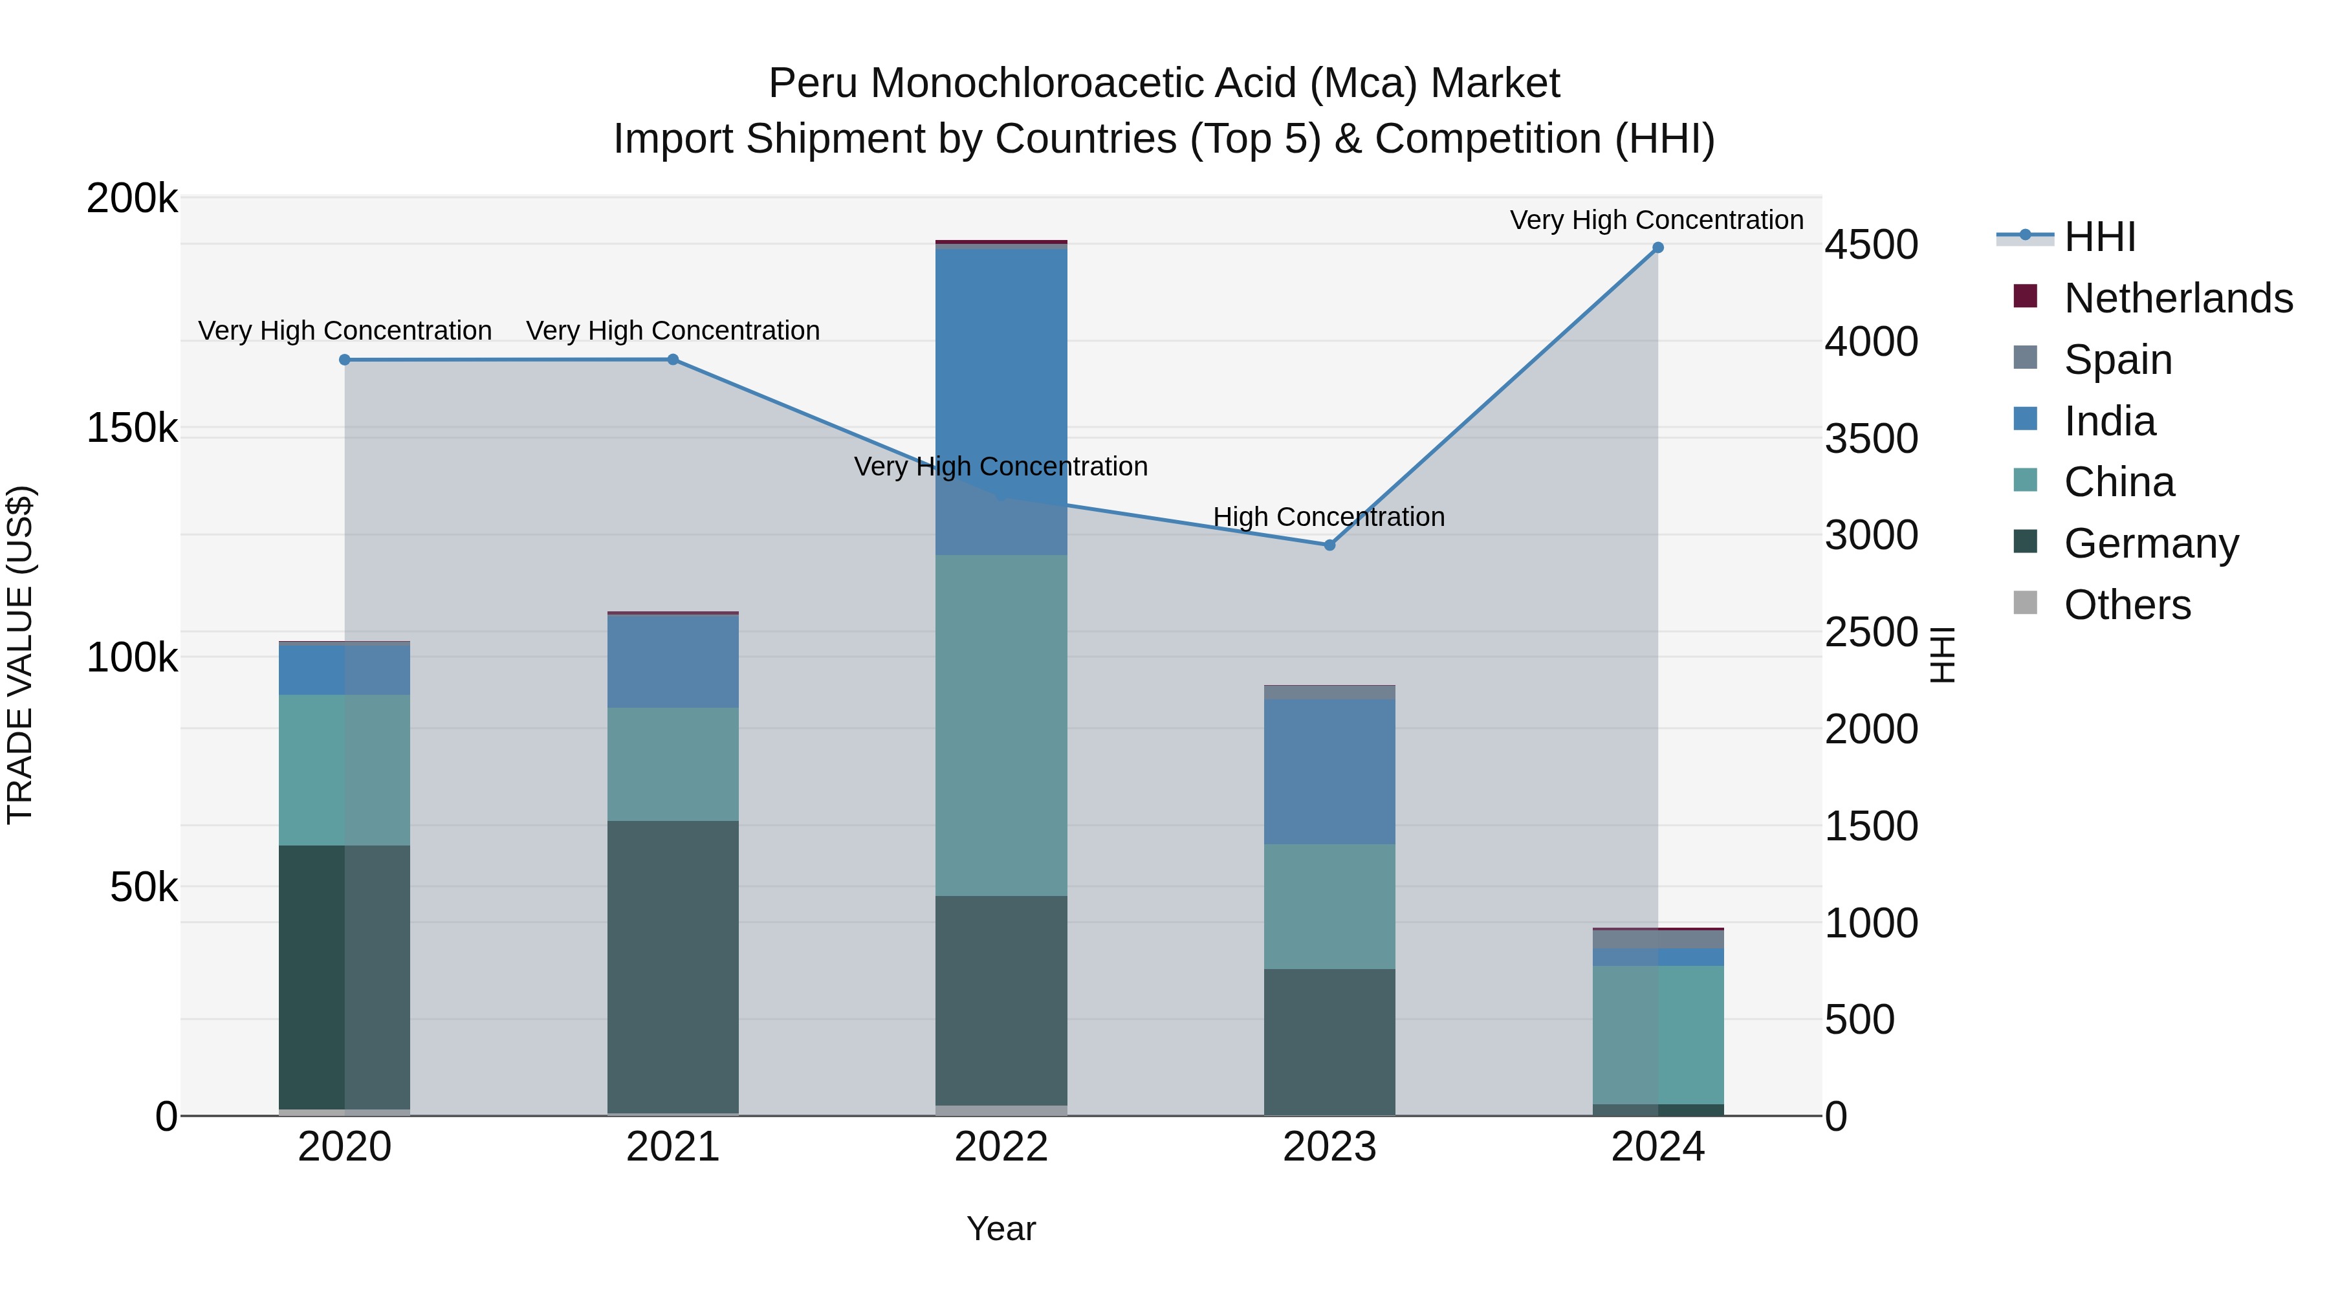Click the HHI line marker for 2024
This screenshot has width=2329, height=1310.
pyautogui.click(x=1657, y=248)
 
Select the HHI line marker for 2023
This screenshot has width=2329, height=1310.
pyautogui.click(x=1329, y=545)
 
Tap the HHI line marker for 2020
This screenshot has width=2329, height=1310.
pyautogui.click(x=344, y=360)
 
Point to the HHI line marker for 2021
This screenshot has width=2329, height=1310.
pyautogui.click(x=673, y=360)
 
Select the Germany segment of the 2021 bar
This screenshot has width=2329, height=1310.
pyautogui.click(x=673, y=967)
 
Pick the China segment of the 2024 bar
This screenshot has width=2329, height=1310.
pyautogui.click(x=1657, y=1034)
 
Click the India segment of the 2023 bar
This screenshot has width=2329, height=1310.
pyautogui.click(x=1329, y=770)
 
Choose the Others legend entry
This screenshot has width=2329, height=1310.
pyautogui.click(x=2127, y=605)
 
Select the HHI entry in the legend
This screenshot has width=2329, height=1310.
pyautogui.click(x=2099, y=237)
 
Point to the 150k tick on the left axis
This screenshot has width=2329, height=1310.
pyautogui.click(x=132, y=428)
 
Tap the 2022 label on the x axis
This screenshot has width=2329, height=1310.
pyautogui.click(x=1001, y=1147)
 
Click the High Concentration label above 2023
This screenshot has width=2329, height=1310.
pyautogui.click(x=1328, y=517)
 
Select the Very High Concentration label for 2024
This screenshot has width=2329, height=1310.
pyautogui.click(x=1656, y=221)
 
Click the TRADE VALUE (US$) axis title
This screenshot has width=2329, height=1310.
pyautogui.click(x=20, y=655)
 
